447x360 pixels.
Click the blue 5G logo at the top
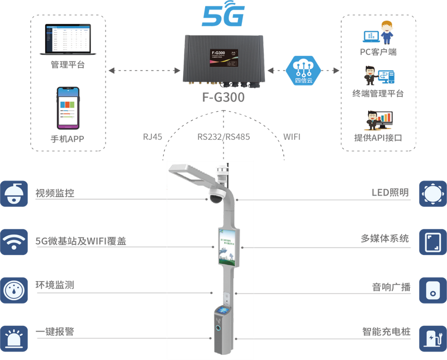[223, 16]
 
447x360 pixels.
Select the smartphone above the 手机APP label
[68, 107]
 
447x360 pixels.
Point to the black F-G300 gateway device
[224, 60]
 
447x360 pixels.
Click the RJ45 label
[153, 136]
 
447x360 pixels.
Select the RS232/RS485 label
[223, 136]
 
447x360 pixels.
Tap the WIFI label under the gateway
[291, 136]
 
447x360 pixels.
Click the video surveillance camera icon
[13, 193]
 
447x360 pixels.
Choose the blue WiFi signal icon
[13, 241]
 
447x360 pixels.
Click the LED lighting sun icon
[433, 193]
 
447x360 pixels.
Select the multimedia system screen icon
[433, 241]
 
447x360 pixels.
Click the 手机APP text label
[68, 139]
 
